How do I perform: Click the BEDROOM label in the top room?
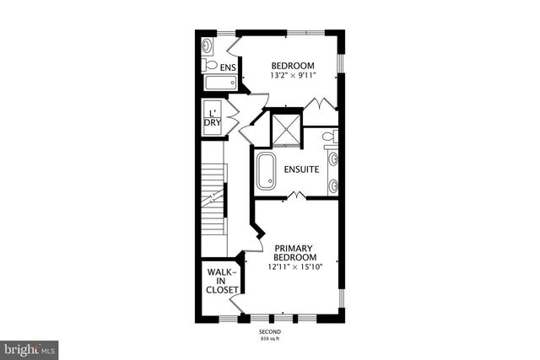click(x=293, y=66)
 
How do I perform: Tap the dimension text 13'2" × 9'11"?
click(x=293, y=76)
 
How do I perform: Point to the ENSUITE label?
click(x=300, y=169)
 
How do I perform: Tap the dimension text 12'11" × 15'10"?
click(x=295, y=267)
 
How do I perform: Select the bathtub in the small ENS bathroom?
click(x=219, y=83)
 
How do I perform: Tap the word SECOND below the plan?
click(x=270, y=332)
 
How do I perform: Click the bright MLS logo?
click(x=29, y=346)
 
